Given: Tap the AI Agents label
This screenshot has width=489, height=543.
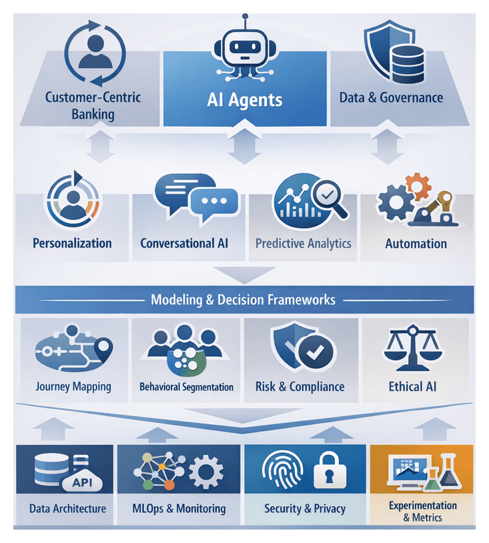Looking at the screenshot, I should pyautogui.click(x=244, y=101).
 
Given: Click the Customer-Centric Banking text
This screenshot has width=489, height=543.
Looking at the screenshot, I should pyautogui.click(x=93, y=105).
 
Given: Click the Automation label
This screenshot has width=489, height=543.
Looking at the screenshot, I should pyautogui.click(x=416, y=243).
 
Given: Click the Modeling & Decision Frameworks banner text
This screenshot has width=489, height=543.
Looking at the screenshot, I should pyautogui.click(x=243, y=300).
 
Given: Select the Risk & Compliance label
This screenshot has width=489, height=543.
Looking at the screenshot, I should pyautogui.click(x=300, y=386).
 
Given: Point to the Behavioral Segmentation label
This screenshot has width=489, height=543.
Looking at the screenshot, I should pyautogui.click(x=187, y=387).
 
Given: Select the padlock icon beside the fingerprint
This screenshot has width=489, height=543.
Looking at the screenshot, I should pyautogui.click(x=331, y=472).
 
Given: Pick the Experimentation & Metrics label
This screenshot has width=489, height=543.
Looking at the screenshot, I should pyautogui.click(x=423, y=512).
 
